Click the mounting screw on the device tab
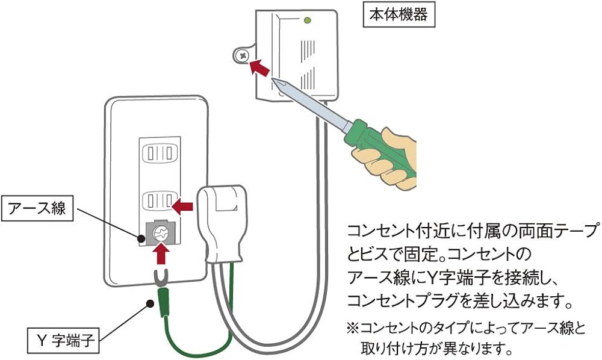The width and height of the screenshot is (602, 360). coord(242,55)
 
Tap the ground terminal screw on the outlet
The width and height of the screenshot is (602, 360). coord(160,232)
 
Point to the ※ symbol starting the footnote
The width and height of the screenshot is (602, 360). coord(353,329)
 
